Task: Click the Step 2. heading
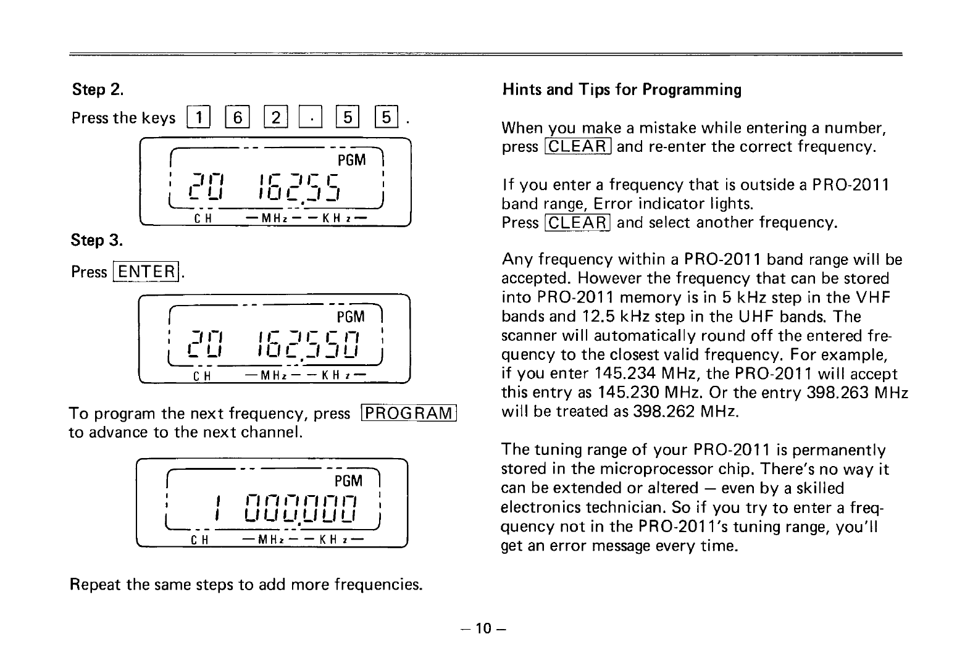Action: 98,90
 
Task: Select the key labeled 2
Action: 274,117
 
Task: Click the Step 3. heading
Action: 98,240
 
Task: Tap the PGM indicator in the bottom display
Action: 348,480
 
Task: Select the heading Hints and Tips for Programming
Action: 622,90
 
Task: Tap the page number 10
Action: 482,628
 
